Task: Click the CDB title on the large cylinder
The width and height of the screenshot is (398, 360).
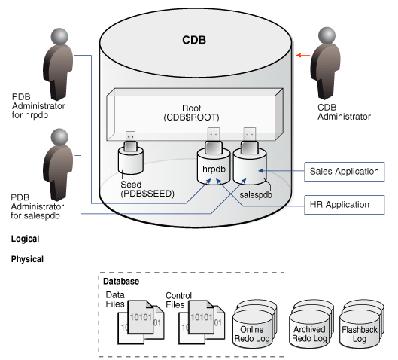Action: [194, 40]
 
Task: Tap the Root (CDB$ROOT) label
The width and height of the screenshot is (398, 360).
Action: [191, 113]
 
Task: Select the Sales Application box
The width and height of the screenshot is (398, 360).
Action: [345, 172]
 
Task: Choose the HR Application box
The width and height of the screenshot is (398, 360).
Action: [345, 205]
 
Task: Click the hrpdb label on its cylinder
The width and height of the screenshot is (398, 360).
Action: [214, 169]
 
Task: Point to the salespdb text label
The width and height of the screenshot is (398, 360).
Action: [256, 195]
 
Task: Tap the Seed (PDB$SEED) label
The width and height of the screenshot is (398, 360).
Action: [147, 189]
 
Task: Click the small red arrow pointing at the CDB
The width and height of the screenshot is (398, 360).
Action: [303, 55]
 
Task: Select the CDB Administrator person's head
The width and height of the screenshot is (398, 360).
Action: [327, 35]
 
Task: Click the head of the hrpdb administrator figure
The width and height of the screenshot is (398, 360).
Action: [59, 37]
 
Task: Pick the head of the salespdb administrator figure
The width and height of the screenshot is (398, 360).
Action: [59, 137]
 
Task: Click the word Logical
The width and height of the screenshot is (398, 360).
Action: [25, 239]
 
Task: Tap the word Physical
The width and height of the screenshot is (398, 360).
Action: [27, 259]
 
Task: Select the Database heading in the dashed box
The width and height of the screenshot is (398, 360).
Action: [121, 281]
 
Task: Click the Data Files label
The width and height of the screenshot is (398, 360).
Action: [115, 300]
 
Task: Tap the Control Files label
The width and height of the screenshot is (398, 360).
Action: [179, 300]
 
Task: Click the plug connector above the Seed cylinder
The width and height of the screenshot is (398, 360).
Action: [130, 142]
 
